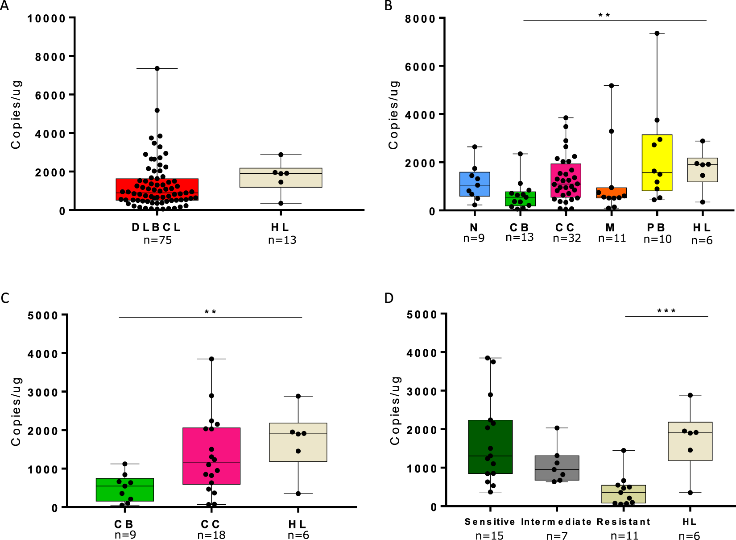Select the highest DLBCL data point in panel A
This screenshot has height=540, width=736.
click(157, 68)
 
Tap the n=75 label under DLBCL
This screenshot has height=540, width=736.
click(157, 240)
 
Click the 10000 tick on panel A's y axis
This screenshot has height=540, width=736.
click(46, 19)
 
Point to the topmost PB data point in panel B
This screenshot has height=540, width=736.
click(657, 33)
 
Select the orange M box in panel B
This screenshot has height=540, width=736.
click(611, 193)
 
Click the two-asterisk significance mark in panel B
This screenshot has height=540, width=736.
click(604, 16)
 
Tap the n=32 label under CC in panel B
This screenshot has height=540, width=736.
click(567, 239)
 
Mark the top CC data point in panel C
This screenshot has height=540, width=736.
click(211, 359)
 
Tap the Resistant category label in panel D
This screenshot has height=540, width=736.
click(623, 522)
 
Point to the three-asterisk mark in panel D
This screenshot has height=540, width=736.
click(666, 311)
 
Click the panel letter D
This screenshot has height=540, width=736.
click(389, 298)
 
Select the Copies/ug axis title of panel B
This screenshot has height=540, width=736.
click(393, 115)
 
